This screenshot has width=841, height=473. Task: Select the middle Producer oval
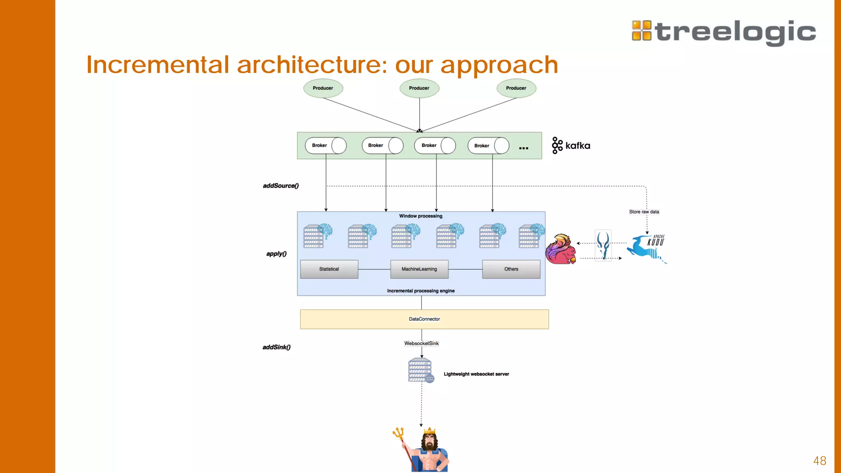[419, 88]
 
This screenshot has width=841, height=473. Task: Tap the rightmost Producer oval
[516, 88]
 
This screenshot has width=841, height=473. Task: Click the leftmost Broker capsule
[325, 145]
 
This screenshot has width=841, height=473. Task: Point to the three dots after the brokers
[524, 148]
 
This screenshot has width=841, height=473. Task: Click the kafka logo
[571, 145]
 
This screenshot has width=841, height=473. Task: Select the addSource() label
[281, 186]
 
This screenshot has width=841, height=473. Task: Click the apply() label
[276, 254]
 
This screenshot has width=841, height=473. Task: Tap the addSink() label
[276, 347]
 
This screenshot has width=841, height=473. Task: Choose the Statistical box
[329, 269]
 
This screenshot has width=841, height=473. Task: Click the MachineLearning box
[419, 269]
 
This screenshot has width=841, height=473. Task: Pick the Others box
[511, 269]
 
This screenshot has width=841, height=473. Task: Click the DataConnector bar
[424, 319]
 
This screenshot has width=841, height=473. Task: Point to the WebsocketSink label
[421, 343]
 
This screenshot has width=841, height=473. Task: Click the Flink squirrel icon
[560, 250]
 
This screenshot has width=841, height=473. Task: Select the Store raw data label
[644, 212]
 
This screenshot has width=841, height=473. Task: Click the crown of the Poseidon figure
[429, 430]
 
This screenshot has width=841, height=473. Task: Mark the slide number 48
[820, 461]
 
